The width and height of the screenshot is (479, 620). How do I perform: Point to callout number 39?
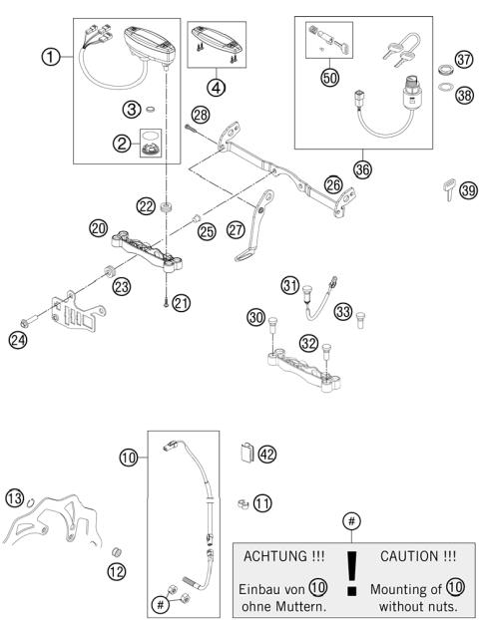(x=441, y=188)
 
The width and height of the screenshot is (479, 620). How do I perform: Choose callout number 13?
(x=15, y=497)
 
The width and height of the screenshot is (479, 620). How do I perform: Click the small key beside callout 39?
(x=420, y=187)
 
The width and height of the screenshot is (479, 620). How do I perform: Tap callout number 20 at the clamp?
(x=99, y=227)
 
